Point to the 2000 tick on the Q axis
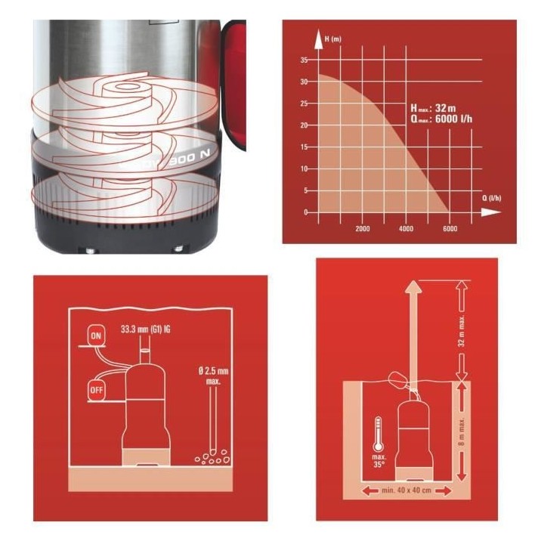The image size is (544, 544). [x=362, y=227]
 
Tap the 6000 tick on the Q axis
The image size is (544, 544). [x=450, y=227]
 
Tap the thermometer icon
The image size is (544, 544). [x=378, y=435]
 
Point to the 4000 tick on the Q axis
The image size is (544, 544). [x=406, y=227]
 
